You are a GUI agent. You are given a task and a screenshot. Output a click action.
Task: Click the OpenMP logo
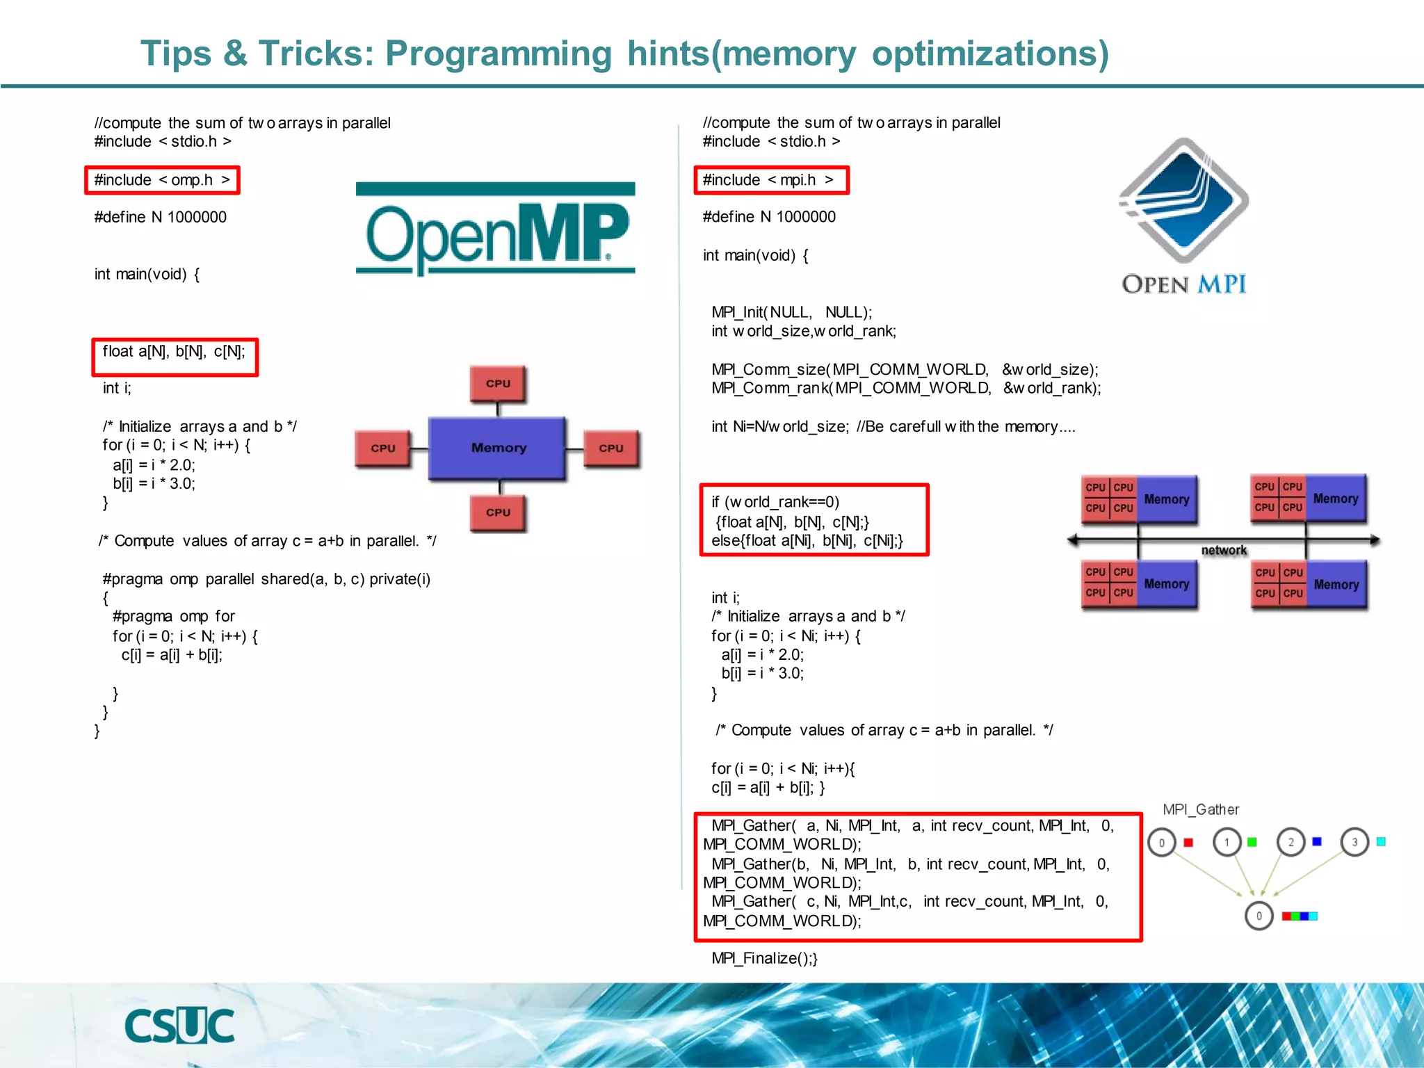(495, 229)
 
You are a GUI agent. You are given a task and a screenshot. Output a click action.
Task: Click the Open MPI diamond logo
(1184, 202)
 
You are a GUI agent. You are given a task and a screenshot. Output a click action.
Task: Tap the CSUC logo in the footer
(179, 1026)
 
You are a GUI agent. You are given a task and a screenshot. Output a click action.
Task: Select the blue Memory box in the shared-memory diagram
(497, 448)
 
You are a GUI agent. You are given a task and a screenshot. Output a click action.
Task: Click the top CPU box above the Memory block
(498, 383)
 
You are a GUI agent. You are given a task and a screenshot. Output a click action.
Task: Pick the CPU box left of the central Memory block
(383, 448)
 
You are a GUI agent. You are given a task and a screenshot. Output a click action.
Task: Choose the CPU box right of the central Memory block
(610, 448)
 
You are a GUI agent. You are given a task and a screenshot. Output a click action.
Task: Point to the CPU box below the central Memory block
(498, 512)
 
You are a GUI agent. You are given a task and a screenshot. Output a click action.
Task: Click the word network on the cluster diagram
(1224, 550)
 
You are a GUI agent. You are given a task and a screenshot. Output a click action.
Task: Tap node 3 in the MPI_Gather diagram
(1354, 842)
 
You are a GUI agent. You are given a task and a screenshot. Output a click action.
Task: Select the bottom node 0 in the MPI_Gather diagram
(1259, 916)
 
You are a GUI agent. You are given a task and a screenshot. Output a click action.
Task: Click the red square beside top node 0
(1188, 843)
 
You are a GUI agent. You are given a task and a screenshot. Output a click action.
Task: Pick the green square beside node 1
(1252, 842)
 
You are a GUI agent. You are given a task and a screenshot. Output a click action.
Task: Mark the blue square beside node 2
(1316, 841)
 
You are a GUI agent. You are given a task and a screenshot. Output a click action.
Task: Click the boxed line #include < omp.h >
(162, 180)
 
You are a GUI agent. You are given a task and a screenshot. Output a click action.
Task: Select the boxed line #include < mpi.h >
(771, 180)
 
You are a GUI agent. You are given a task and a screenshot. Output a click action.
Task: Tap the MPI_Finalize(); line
(764, 958)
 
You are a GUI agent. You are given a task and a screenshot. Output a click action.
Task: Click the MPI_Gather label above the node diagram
(1201, 809)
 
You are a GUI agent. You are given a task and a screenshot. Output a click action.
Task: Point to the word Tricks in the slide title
(316, 54)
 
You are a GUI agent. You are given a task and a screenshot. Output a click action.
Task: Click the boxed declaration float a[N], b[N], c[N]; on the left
(175, 352)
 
